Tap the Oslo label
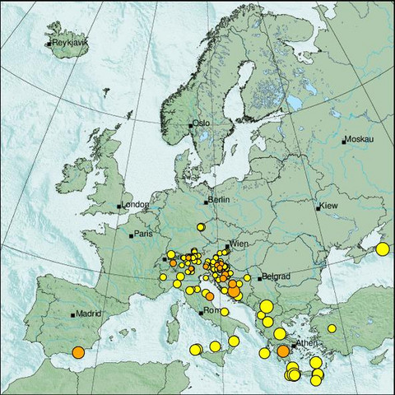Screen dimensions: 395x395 pos(202,123)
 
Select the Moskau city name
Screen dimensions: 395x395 pos(360,141)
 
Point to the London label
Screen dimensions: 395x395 pos(135,204)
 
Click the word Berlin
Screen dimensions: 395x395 pos(218,200)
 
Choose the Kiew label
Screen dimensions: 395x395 pos(328,204)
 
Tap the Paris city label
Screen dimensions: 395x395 pos(144,234)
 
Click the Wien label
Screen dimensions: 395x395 pos(238,244)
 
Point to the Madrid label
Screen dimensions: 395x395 pos(88,314)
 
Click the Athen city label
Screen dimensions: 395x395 pos(307,342)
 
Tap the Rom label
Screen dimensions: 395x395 pos(211,310)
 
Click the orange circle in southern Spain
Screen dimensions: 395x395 pos(78,352)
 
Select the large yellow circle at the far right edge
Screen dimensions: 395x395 pos(382,249)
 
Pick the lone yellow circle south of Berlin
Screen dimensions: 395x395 pos(200,226)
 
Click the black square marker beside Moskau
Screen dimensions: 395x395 pos(344,142)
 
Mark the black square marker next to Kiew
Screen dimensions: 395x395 pos(318,208)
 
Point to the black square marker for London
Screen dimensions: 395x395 pos(119,206)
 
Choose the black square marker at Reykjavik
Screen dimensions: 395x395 pos(48,44)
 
